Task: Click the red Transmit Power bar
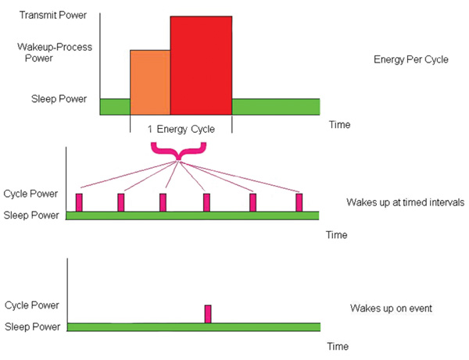click(x=201, y=66)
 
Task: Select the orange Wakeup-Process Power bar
click(x=149, y=83)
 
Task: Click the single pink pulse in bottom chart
click(x=208, y=313)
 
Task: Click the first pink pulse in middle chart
click(x=79, y=201)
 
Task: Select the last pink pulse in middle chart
click(x=299, y=201)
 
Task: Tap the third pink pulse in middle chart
click(x=163, y=201)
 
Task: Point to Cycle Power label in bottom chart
click(x=31, y=305)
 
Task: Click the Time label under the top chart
click(x=339, y=124)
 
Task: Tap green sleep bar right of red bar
click(x=276, y=106)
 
